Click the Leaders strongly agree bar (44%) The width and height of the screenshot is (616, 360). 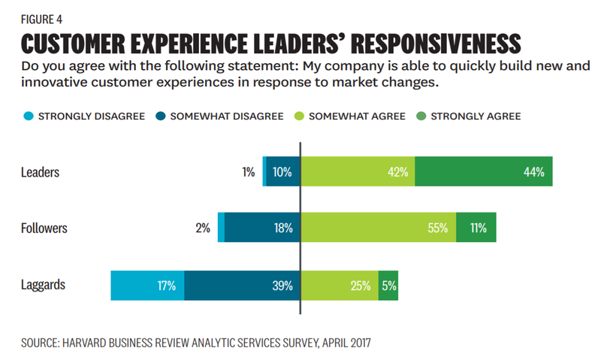pos(483,172)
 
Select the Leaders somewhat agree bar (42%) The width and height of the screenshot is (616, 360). pos(357,172)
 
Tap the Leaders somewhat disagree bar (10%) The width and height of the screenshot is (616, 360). pos(282,172)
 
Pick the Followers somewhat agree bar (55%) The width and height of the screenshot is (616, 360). pos(378,228)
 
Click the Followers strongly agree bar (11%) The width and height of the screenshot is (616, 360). pos(476,228)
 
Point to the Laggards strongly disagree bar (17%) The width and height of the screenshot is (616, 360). pos(147,286)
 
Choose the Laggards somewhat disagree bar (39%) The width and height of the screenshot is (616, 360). pos(242,286)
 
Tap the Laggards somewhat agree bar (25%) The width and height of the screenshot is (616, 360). pos(339,286)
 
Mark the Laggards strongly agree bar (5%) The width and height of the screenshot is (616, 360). pos(388,286)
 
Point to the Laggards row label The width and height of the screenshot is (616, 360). pos(44,286)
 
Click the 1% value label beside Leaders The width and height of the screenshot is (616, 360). pos(248,172)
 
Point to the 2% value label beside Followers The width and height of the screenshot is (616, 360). pos(202,228)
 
